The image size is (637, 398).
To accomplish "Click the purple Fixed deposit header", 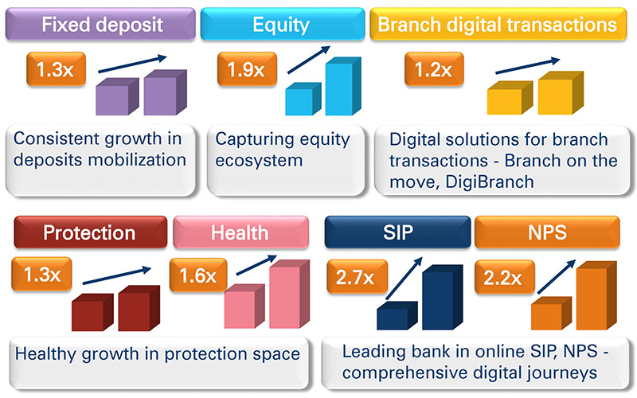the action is (100, 25).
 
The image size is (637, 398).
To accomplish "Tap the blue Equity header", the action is (283, 25).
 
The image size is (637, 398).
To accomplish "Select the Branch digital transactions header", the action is (498, 25).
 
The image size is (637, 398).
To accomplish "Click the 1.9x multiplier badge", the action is (247, 69).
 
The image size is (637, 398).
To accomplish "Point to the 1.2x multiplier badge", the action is (434, 69).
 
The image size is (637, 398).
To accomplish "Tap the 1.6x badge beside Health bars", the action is (198, 275).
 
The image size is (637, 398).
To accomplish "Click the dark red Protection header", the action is (91, 232).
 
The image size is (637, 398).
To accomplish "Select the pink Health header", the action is (240, 232).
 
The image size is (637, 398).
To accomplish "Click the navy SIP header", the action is (397, 232).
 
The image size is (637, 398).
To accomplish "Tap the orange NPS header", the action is (547, 232).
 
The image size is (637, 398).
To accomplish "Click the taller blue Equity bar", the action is (343, 87).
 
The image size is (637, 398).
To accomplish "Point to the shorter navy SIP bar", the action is (397, 315).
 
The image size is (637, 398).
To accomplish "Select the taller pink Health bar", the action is (289, 294).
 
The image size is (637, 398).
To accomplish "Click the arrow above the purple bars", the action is (132, 64).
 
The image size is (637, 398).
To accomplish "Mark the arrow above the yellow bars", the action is (527, 66).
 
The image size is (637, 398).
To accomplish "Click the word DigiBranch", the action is (490, 182).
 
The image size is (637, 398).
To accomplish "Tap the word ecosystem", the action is (259, 161).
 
